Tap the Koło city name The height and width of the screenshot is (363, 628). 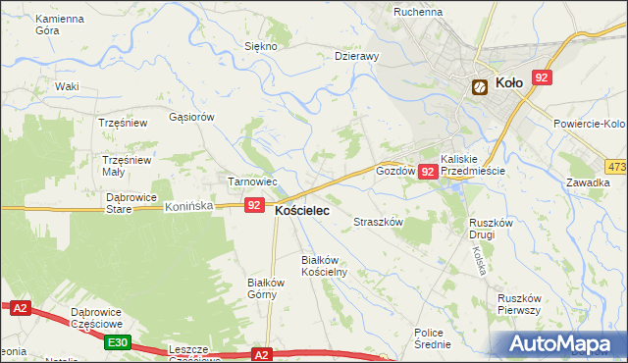click(508, 84)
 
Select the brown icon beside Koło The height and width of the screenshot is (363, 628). click(480, 86)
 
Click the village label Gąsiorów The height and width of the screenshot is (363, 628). click(191, 117)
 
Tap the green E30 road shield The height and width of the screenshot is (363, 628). click(118, 341)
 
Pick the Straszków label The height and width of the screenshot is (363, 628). click(379, 223)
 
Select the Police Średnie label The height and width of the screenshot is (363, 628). click(433, 338)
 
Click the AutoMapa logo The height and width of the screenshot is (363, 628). click(562, 344)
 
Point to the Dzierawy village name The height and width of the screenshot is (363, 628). click(356, 57)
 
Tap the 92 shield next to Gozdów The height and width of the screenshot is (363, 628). click(428, 172)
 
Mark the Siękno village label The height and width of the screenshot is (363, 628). click(262, 47)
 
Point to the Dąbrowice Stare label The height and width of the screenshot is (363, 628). click(131, 202)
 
